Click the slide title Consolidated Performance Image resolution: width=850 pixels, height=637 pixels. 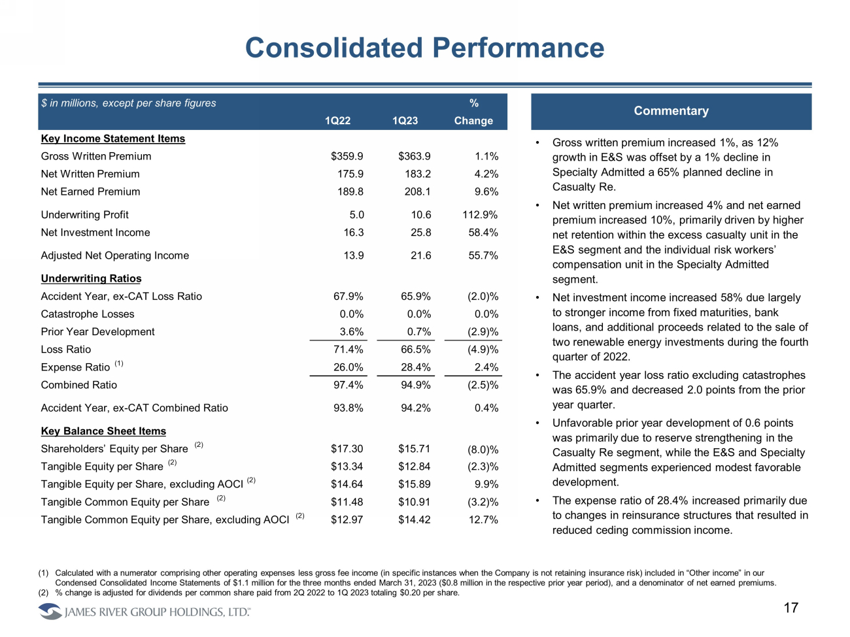424,48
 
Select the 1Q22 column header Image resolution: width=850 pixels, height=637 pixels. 337,121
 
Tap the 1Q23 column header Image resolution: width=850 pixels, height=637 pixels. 405,121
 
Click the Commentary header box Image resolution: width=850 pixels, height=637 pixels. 671,111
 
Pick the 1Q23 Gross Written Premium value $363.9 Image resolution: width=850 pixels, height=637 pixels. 414,156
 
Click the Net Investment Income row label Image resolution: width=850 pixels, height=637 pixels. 95,233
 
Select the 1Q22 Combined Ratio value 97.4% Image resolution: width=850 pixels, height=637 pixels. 348,385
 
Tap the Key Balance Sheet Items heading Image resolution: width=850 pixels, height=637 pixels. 103,431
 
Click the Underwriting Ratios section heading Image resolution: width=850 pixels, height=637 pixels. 91,278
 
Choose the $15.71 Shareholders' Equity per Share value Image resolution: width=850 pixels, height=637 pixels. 414,449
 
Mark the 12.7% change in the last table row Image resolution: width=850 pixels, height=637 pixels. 483,520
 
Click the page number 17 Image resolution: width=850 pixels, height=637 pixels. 790,608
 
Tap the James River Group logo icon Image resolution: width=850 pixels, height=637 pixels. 50,612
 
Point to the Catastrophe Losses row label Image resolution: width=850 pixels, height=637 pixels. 88,314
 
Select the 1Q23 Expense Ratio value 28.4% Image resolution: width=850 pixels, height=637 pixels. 415,367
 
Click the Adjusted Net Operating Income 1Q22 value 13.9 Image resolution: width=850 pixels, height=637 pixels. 354,255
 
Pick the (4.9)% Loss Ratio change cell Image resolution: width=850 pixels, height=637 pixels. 483,350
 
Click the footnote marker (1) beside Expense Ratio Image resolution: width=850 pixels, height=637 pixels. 119,363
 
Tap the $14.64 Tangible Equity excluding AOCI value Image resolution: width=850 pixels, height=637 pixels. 347,484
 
